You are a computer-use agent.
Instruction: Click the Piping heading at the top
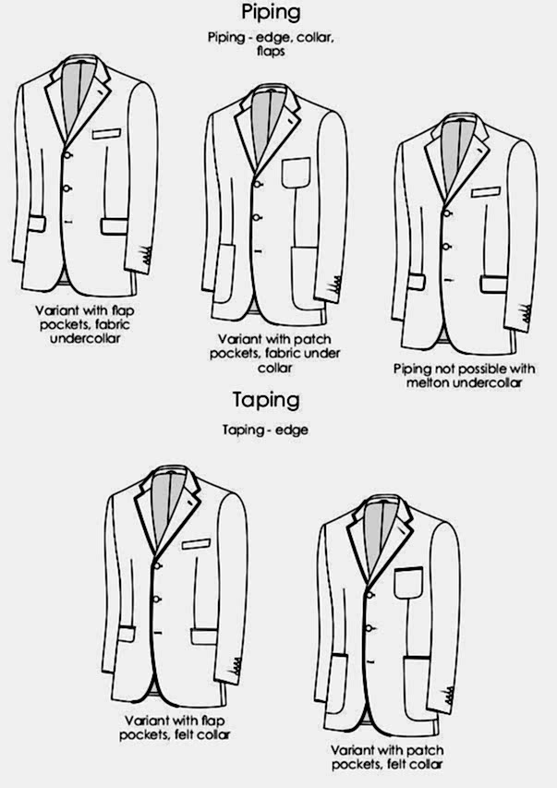pyautogui.click(x=271, y=12)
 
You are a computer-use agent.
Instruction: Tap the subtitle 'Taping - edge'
pyautogui.click(x=265, y=430)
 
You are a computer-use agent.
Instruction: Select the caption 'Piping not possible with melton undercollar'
pyautogui.click(x=464, y=375)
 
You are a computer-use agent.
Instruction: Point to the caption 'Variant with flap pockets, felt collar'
pyautogui.click(x=175, y=728)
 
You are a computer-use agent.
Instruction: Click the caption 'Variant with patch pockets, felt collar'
pyautogui.click(x=387, y=758)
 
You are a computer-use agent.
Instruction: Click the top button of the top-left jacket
pyautogui.click(x=67, y=155)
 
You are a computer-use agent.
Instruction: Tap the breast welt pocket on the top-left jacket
pyautogui.click(x=106, y=134)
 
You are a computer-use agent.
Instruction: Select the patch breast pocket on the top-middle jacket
pyautogui.click(x=297, y=173)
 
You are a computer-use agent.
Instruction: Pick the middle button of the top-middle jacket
pyautogui.click(x=257, y=218)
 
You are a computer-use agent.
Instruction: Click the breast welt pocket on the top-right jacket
pyautogui.click(x=486, y=192)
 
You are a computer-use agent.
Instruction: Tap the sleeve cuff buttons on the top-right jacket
pyautogui.click(x=527, y=315)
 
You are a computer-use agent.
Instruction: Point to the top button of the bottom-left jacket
pyautogui.click(x=157, y=566)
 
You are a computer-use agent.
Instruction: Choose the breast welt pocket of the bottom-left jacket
pyautogui.click(x=196, y=544)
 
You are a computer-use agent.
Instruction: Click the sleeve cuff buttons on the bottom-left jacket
pyautogui.click(x=236, y=666)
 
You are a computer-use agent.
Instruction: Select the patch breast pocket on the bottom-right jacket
pyautogui.click(x=408, y=583)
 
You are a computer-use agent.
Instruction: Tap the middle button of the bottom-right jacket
pyautogui.click(x=369, y=628)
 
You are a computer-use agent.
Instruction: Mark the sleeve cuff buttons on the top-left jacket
pyautogui.click(x=146, y=256)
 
